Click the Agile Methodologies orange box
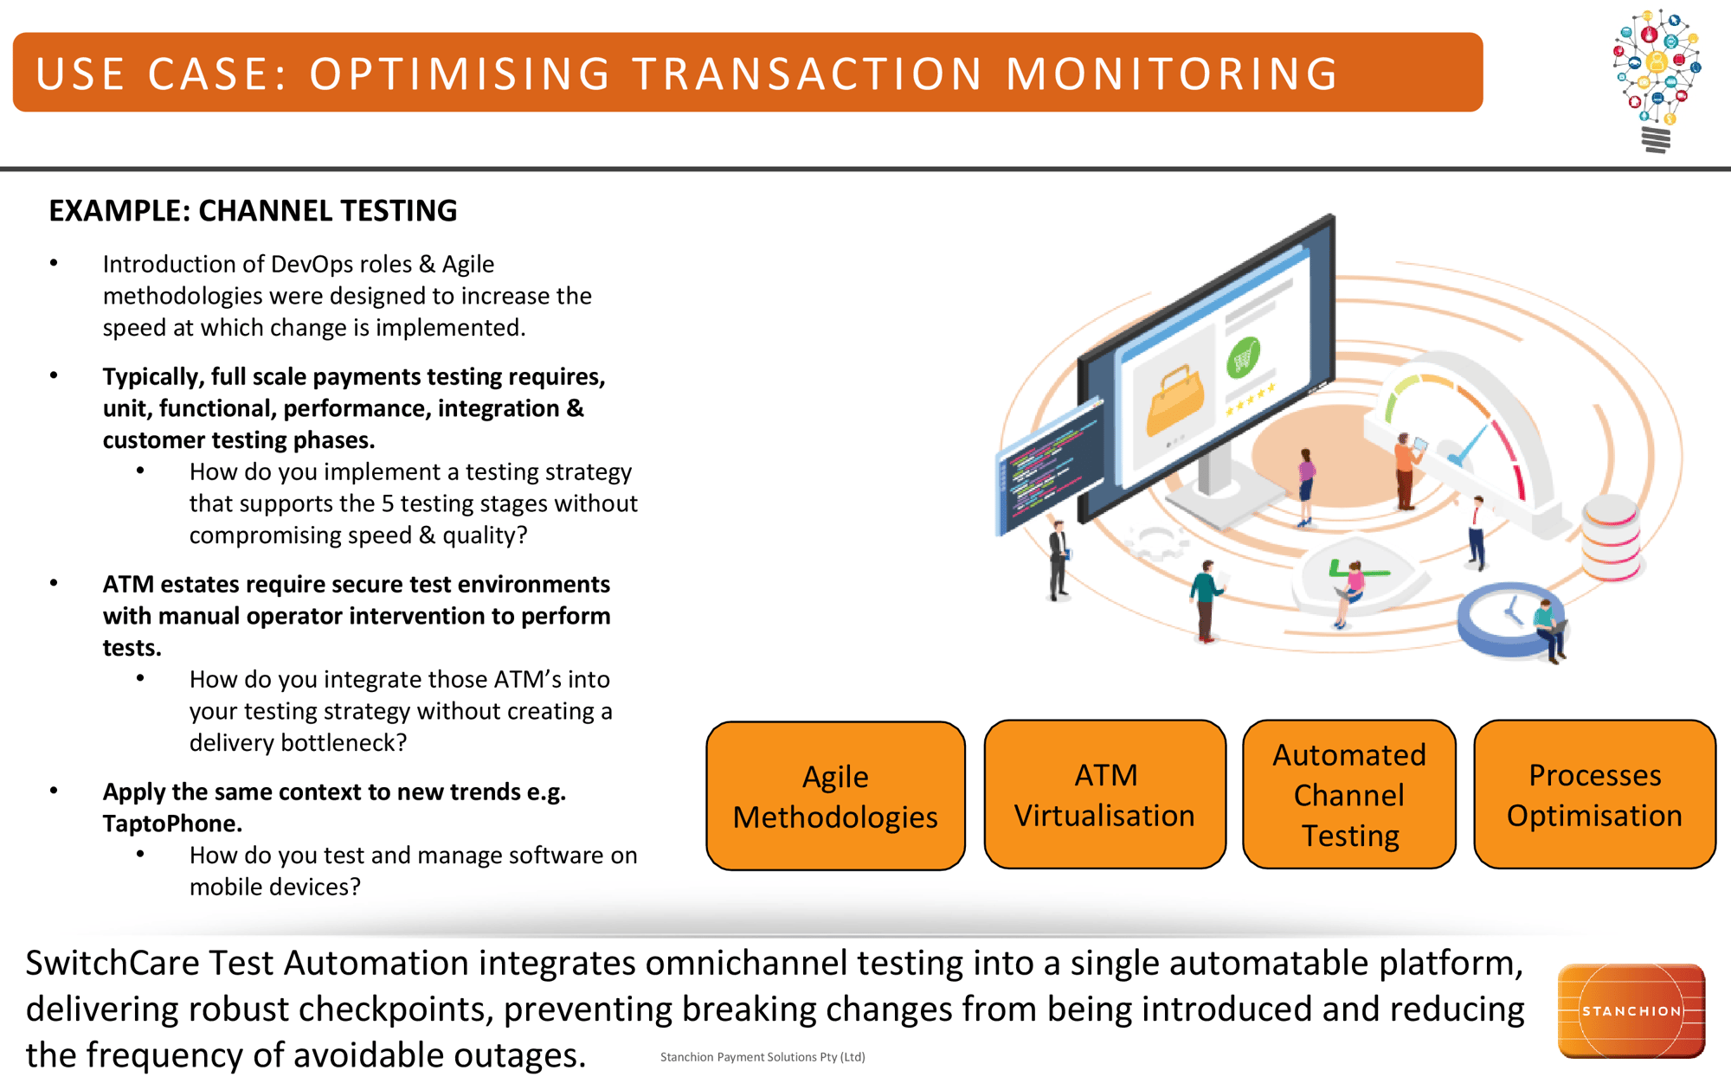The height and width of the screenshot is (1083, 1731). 835,796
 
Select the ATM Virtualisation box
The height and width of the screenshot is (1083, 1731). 1104,794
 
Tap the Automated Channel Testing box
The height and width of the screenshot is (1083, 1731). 1348,794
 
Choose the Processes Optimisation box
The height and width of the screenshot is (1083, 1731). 1594,794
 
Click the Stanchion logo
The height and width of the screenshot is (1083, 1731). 1631,1010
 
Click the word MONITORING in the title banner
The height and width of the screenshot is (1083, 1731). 1172,74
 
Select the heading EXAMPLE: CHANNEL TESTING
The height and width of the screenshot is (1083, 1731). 253,211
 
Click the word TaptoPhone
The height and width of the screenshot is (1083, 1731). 172,823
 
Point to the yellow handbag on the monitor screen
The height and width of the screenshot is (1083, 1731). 1174,400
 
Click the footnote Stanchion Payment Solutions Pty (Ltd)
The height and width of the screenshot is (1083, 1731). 763,1057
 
